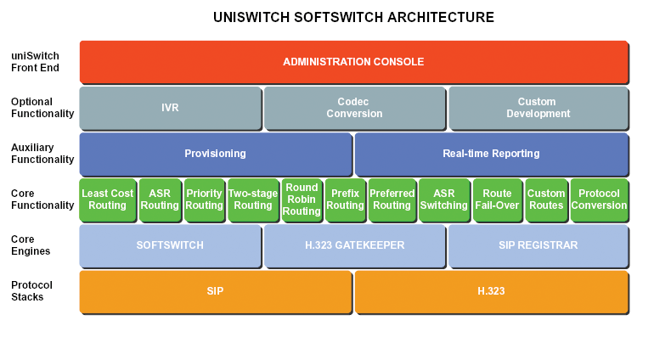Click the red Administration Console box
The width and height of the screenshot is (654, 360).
353,62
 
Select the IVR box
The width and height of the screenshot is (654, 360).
170,108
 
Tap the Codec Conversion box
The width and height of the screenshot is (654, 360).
354,108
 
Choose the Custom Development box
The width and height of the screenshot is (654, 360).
538,108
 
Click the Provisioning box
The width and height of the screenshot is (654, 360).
215,154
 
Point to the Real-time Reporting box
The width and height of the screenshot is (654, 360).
491,154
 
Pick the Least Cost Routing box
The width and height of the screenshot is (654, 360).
108,200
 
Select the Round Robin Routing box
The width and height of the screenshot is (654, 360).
302,200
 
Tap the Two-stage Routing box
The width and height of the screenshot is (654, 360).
253,200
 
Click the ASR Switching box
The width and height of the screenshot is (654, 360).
443,200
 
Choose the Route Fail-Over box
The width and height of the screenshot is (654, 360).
497,200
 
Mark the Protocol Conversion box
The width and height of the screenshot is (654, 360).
599,200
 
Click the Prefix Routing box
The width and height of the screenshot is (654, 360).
346,200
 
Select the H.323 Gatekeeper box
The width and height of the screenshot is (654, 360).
354,245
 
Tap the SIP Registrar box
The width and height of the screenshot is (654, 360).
538,245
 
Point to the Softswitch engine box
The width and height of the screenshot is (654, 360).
170,245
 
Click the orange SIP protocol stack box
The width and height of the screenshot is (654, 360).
215,291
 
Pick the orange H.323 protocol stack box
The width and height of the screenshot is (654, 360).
491,291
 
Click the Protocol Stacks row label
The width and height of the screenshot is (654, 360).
31,291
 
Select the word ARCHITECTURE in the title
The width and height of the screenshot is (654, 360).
441,18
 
